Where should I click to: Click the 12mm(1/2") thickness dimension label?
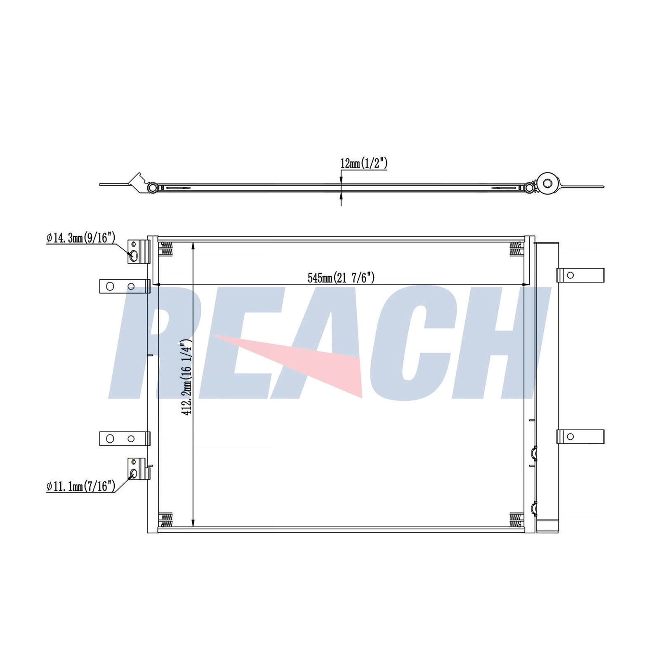click(x=364, y=163)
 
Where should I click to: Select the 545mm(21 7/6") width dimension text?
click(x=341, y=278)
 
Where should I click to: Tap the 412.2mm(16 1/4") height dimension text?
click(x=186, y=377)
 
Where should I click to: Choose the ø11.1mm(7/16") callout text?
click(x=81, y=486)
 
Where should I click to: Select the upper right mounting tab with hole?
click(x=580, y=275)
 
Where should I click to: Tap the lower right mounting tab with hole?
click(x=580, y=436)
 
